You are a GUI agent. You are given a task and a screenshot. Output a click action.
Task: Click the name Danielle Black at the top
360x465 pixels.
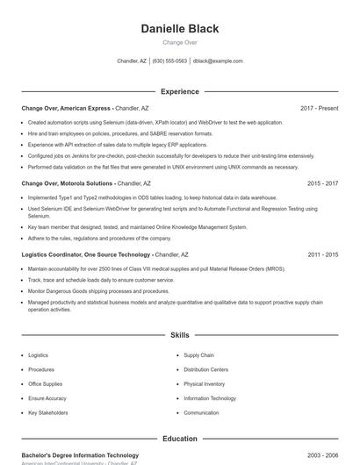[180, 29]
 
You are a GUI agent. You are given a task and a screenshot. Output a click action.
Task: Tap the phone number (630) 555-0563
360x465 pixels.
[169, 61]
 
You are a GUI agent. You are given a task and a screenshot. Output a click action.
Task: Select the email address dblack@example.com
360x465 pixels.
[218, 61]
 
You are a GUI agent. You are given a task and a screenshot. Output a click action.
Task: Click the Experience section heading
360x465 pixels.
[180, 91]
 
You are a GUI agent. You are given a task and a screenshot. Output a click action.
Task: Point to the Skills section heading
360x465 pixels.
[180, 335]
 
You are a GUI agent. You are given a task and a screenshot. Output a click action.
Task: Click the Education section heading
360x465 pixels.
[180, 439]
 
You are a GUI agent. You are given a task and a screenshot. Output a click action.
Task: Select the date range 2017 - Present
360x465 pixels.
[319, 109]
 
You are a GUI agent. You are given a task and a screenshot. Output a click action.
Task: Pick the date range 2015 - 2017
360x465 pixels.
[322, 184]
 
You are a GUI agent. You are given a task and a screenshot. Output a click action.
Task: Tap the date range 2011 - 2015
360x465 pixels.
[322, 254]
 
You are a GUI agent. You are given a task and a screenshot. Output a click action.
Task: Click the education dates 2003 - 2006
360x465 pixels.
[322, 455]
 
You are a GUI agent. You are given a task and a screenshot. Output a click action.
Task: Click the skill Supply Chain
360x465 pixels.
[198, 355]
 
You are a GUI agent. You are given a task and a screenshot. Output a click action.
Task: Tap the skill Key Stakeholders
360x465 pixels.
[47, 412]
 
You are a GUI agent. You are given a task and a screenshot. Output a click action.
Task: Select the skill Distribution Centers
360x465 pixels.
[205, 369]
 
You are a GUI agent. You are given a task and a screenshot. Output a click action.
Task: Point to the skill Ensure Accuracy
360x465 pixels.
[47, 398]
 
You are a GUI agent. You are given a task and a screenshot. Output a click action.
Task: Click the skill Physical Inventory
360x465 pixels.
[204, 383]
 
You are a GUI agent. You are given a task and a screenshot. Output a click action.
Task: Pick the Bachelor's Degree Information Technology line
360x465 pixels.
[80, 455]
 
